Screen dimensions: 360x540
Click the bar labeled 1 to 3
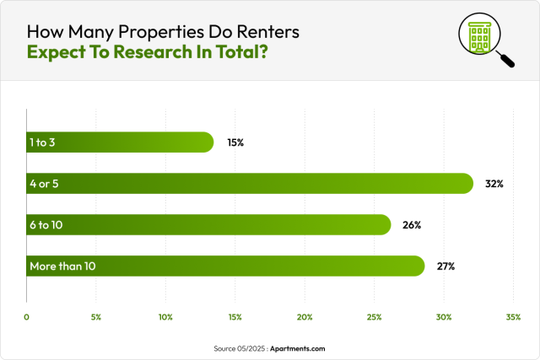coord(120,142)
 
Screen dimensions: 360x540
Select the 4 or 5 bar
coord(250,183)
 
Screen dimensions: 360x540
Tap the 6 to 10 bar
coord(208,224)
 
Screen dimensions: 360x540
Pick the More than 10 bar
coord(225,266)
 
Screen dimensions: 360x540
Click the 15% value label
coord(235,142)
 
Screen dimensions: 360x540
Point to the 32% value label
coord(494,183)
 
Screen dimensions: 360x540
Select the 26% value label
coord(412,224)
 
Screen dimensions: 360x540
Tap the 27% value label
coord(445,266)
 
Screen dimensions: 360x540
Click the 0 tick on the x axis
coord(27,317)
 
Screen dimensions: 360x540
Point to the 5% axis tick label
coord(96,317)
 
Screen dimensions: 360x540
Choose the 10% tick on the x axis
coord(165,317)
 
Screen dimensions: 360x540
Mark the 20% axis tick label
coord(305,317)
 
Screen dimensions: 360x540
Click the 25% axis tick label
coord(374,317)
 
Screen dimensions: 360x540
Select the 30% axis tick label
coord(443,317)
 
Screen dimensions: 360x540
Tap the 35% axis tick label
coord(512,317)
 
